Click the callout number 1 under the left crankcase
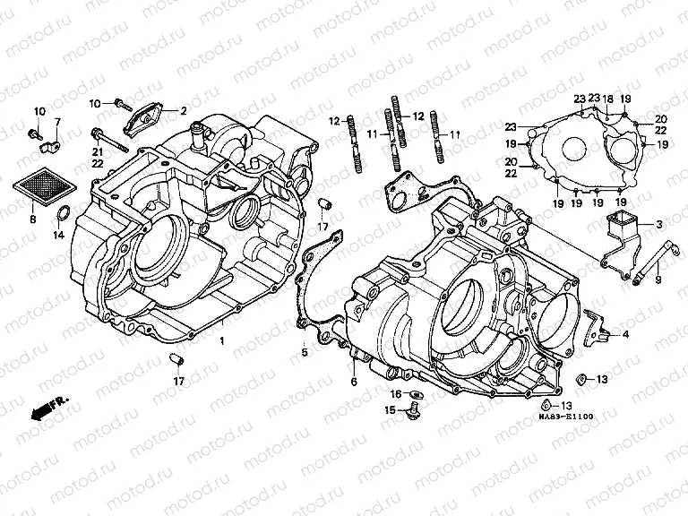pyautogui.click(x=221, y=341)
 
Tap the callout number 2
pyautogui.click(x=183, y=111)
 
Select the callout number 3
pyautogui.click(x=658, y=224)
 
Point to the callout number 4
pyautogui.click(x=625, y=334)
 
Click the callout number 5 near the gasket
pyautogui.click(x=304, y=353)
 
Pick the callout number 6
pyautogui.click(x=353, y=383)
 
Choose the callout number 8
pyautogui.click(x=32, y=219)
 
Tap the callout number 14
pyautogui.click(x=57, y=235)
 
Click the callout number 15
pyautogui.click(x=390, y=410)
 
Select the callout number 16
pyautogui.click(x=394, y=394)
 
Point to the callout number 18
pyautogui.click(x=607, y=99)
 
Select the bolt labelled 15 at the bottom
pyautogui.click(x=413, y=413)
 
